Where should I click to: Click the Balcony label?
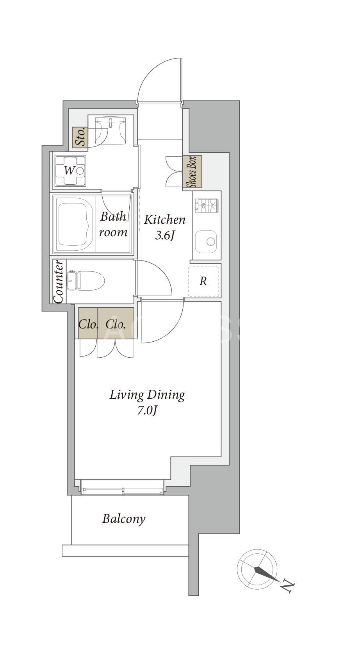124,527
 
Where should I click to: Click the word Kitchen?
164,220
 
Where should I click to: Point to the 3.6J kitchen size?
164,235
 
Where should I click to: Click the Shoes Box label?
193,172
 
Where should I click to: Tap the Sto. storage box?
80,137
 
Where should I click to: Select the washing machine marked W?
70,171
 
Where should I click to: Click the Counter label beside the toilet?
59,282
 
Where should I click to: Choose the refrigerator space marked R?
203,281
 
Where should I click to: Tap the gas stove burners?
207,206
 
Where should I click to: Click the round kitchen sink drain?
210,241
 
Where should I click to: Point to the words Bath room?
113,225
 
